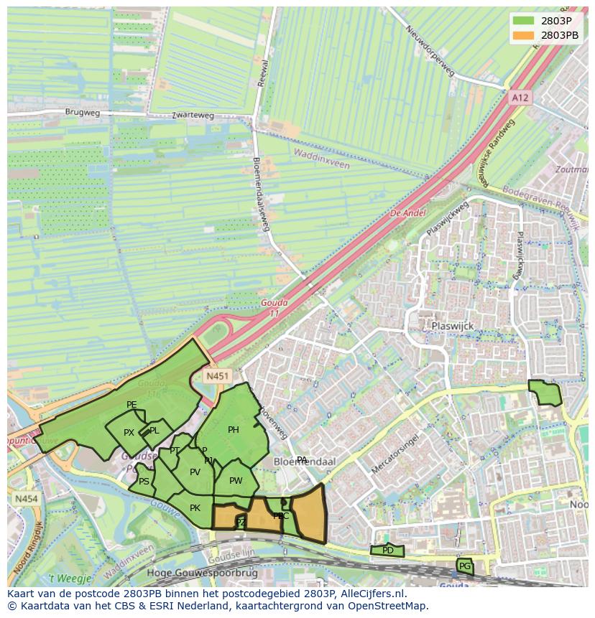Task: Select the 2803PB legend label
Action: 561,34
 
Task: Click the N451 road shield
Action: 216,375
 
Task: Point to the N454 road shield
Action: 26,498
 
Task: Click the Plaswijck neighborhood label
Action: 453,326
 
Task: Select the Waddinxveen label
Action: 321,159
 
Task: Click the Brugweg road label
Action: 83,113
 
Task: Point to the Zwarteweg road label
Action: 193,115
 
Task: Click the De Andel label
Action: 407,213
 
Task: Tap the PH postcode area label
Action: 234,430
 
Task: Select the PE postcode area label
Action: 132,405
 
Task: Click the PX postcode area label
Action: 129,433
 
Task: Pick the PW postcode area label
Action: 236,481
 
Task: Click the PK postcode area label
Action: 195,508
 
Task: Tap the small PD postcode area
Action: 387,551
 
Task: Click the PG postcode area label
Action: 464,566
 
